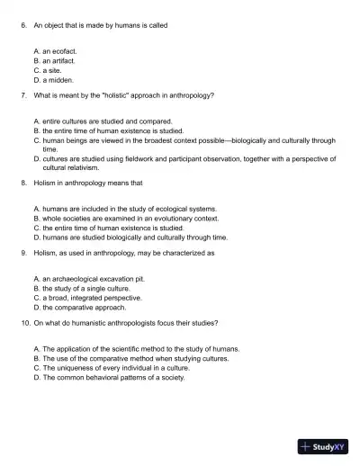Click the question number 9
point(22,253)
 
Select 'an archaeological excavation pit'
point(89,279)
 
